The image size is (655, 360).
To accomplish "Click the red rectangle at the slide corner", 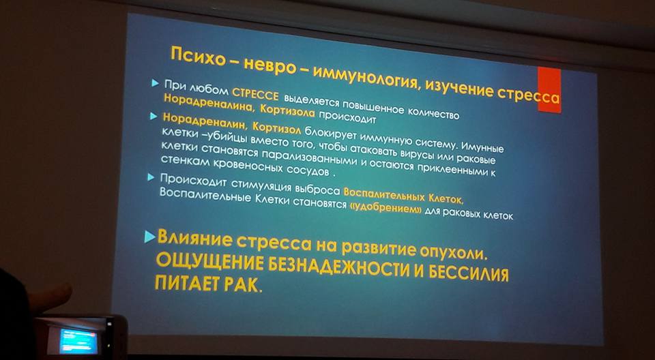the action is [x=549, y=90].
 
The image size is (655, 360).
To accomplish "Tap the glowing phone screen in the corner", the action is [x=78, y=341].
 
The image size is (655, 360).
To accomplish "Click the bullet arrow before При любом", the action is [x=156, y=84].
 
